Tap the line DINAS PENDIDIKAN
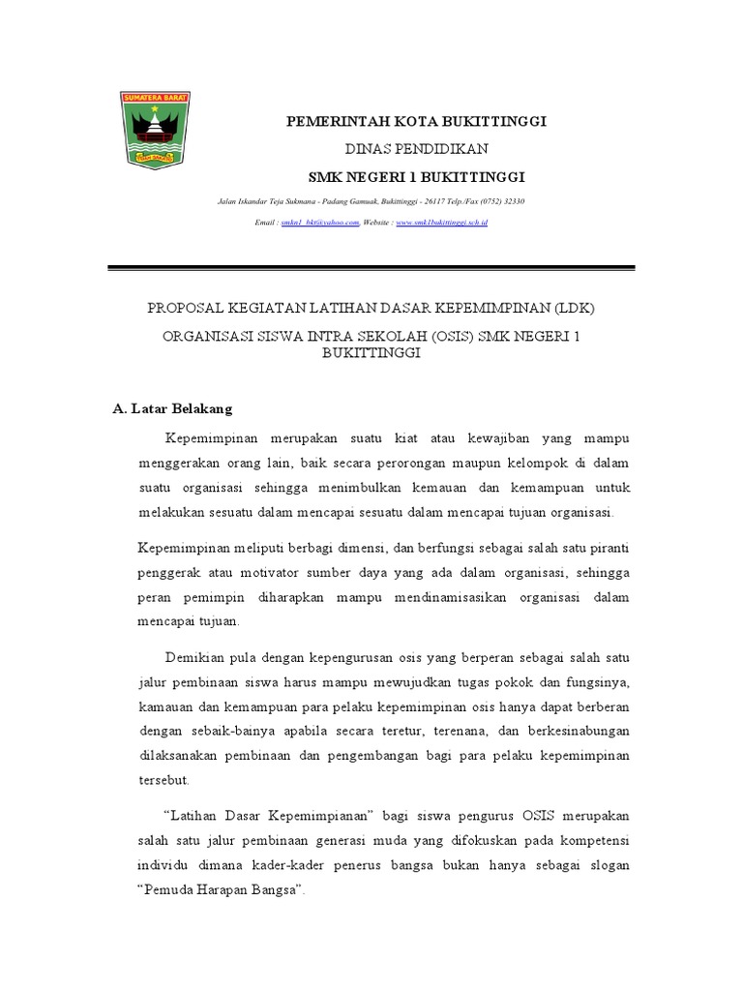coord(416,148)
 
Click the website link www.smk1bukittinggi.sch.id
coord(442,223)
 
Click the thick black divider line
coord(371,268)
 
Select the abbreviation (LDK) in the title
coord(575,308)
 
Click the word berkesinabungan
coord(569,726)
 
